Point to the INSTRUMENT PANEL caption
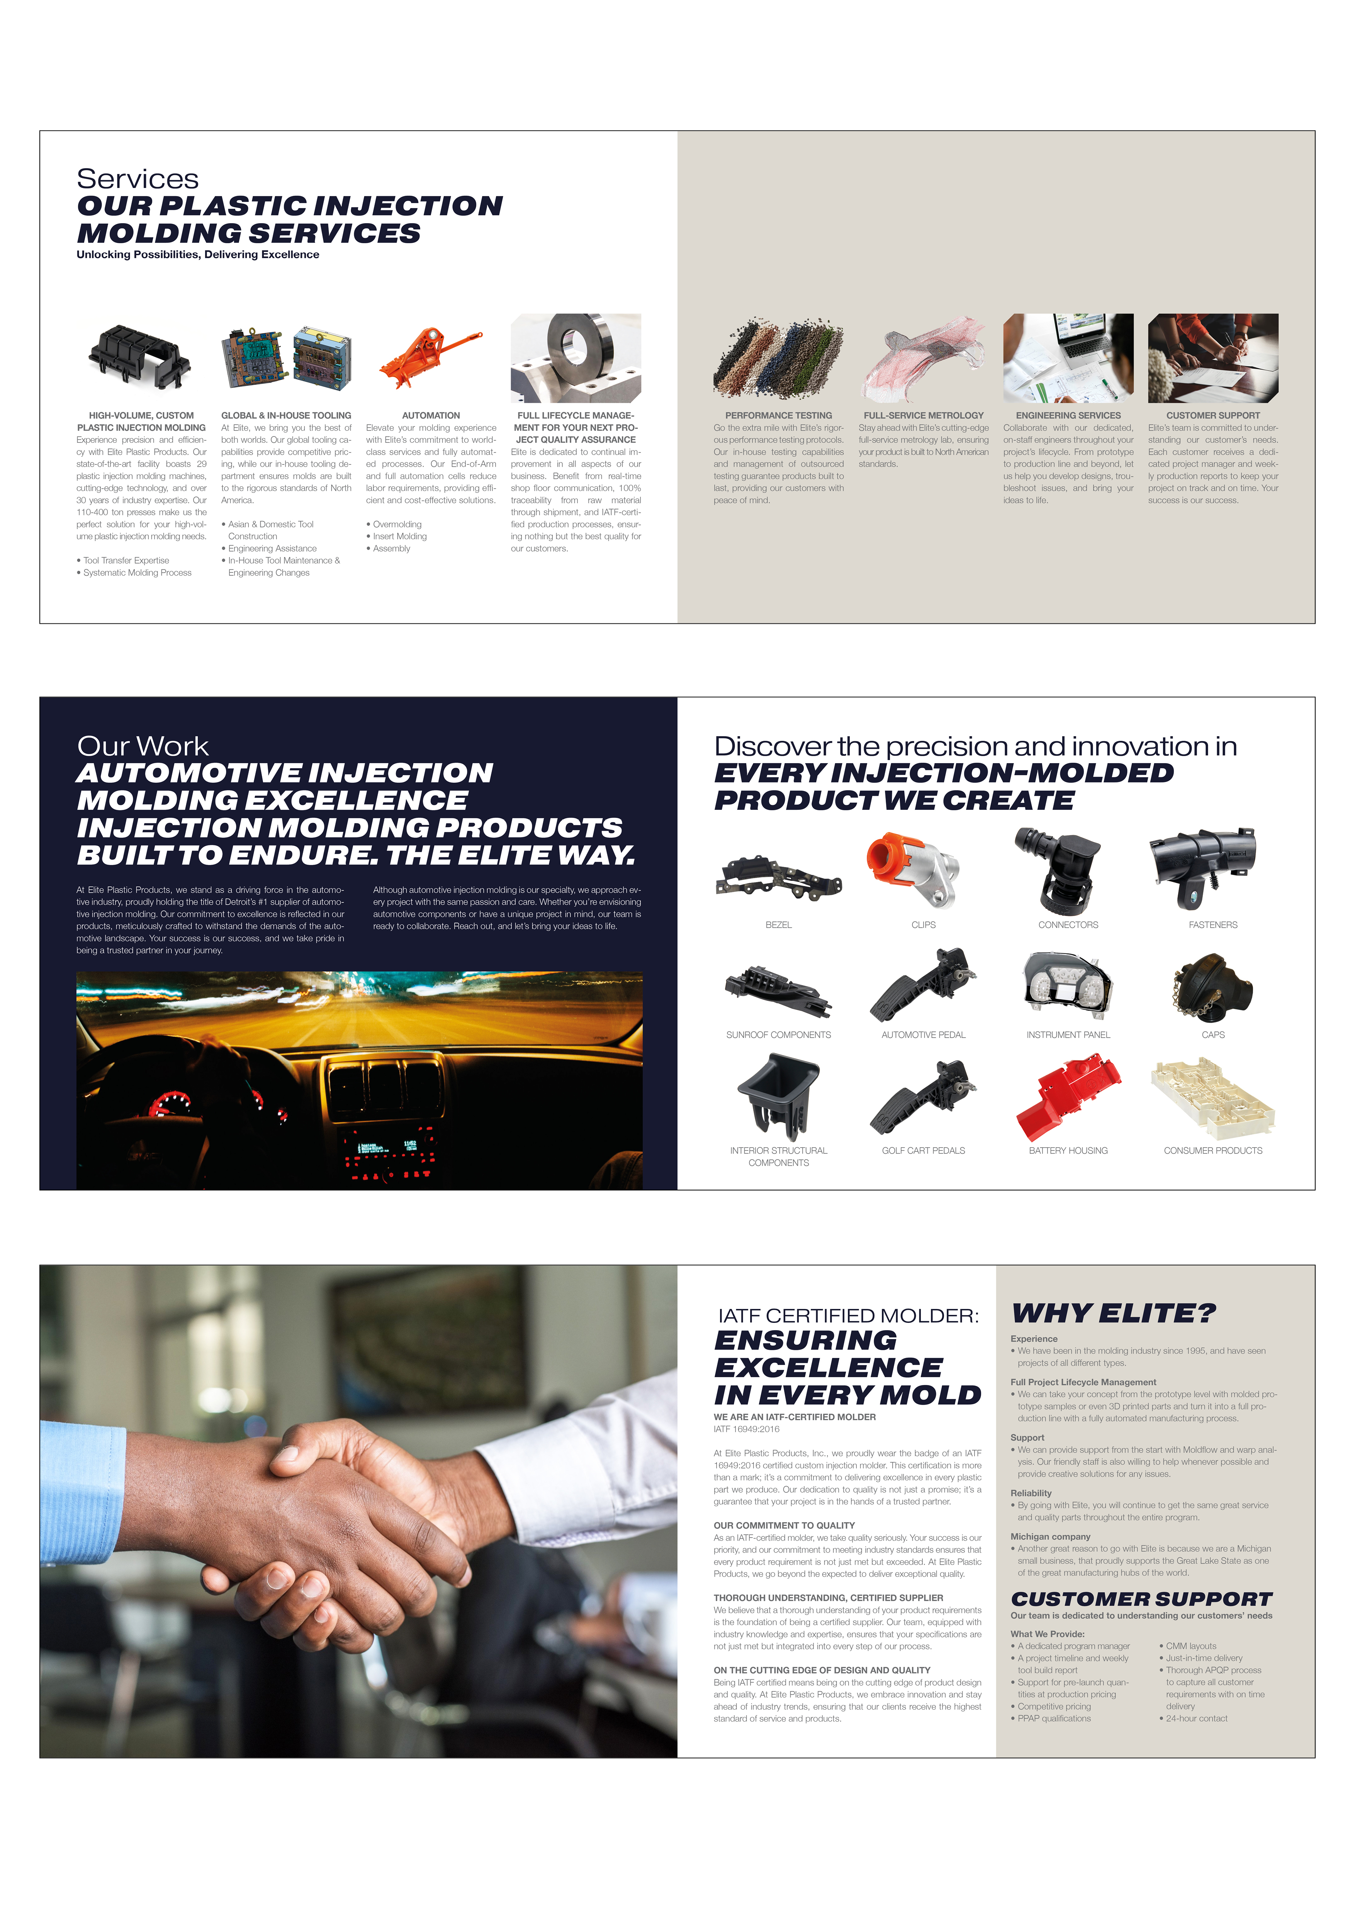click(1068, 1035)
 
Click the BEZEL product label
click(778, 925)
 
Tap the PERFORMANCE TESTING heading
click(778, 415)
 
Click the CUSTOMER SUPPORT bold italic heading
click(1141, 1599)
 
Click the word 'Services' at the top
click(138, 178)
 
